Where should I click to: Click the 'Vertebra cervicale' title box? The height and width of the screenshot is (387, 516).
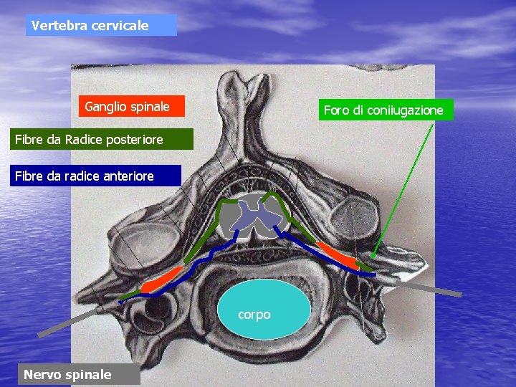pos(101,25)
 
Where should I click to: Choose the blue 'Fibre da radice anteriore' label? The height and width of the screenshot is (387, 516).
pos(95,176)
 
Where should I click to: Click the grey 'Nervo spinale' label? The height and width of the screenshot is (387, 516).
pos(69,374)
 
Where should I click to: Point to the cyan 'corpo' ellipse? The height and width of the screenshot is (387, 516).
pos(264,307)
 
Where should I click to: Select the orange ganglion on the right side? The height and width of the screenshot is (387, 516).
pos(338,254)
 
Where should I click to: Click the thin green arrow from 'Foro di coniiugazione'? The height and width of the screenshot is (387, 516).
pos(405,186)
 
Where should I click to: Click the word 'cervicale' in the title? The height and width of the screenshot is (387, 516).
pos(122,25)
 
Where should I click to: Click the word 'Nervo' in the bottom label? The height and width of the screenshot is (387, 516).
pos(42,374)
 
